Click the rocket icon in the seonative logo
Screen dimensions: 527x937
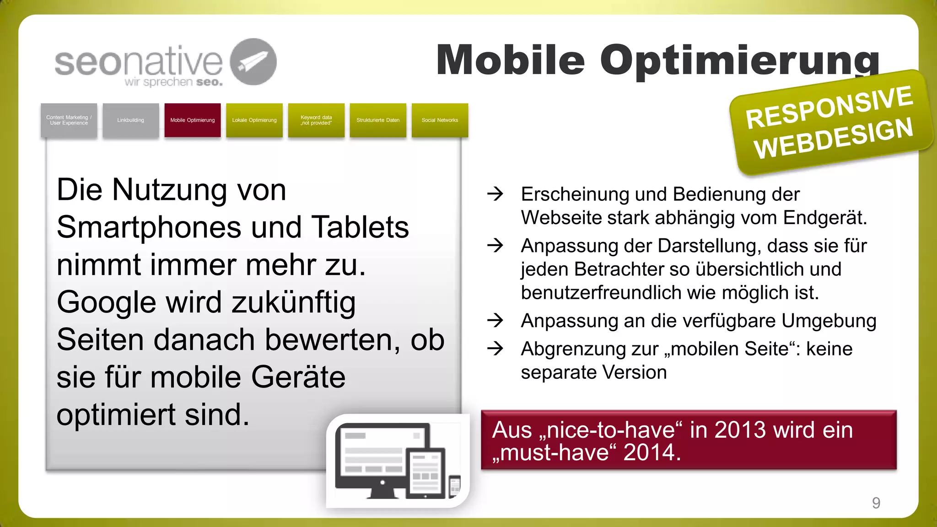tap(253, 62)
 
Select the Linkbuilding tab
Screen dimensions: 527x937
tap(130, 120)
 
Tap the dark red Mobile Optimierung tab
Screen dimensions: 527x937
tap(193, 120)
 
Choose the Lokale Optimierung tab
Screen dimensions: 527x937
tap(254, 120)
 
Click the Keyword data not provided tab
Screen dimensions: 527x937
tap(316, 120)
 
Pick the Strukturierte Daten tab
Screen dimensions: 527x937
tap(378, 120)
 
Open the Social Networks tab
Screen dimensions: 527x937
tap(440, 120)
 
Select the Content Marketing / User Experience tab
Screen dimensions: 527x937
tap(69, 120)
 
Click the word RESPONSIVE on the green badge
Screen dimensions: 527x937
tap(829, 107)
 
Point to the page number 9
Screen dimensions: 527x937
tap(876, 503)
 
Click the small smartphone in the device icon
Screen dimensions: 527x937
tap(455, 486)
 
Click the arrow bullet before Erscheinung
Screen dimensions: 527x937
tap(495, 194)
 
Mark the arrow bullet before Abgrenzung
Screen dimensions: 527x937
tap(495, 349)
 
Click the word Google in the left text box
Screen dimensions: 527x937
tap(106, 303)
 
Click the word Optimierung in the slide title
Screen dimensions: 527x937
tap(740, 60)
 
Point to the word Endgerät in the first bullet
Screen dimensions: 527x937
tap(824, 218)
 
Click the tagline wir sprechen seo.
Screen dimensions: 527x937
tap(173, 82)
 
